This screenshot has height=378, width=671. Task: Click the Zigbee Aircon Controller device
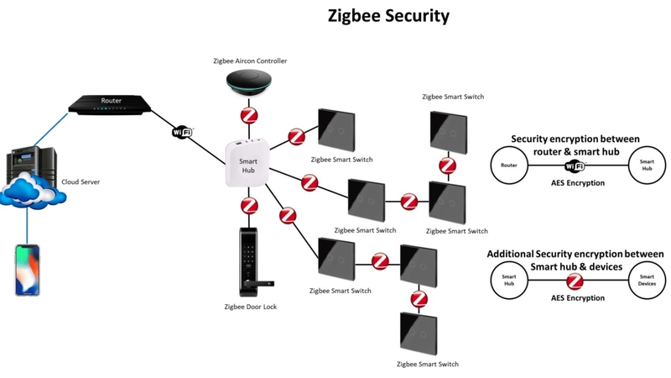(249, 85)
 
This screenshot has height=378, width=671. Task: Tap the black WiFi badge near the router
(183, 132)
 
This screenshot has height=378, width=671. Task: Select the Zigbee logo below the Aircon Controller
(249, 114)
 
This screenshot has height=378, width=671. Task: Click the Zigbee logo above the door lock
(249, 205)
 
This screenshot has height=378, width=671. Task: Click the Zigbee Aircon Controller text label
(249, 61)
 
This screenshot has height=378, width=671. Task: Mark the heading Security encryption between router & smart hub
(575, 144)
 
